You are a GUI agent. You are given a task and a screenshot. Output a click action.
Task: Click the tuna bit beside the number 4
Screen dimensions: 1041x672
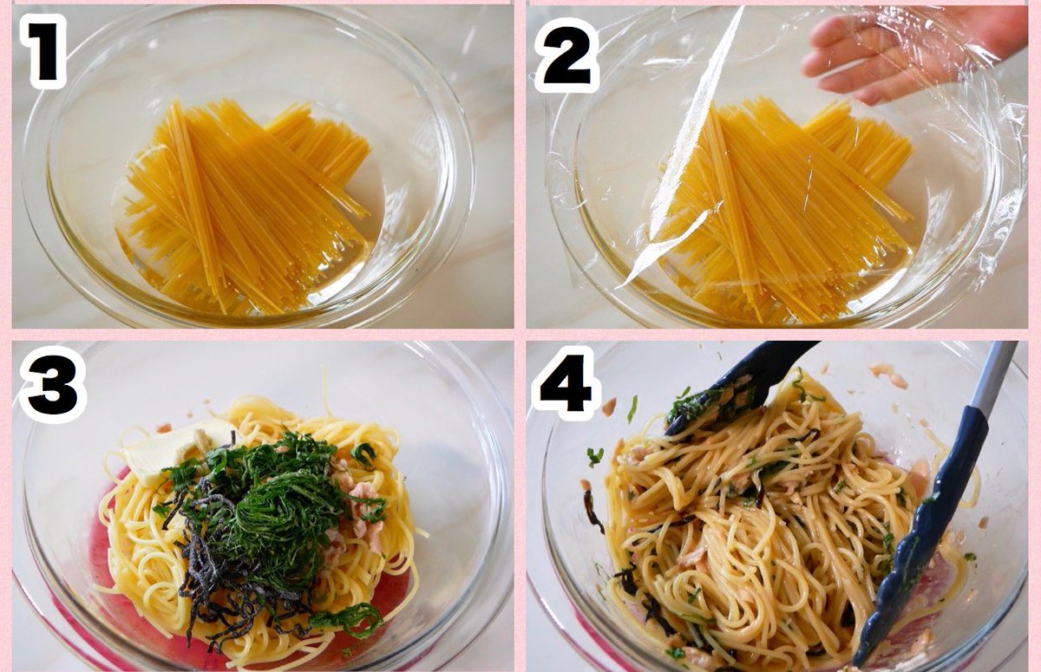(x=609, y=407)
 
